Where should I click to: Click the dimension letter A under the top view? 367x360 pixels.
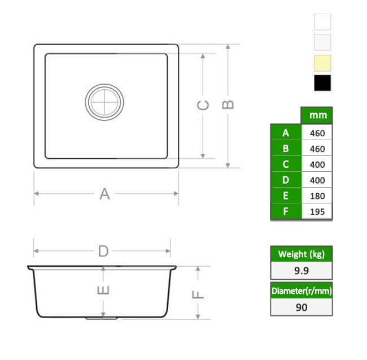[104, 194]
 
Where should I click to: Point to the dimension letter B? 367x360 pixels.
[228, 105]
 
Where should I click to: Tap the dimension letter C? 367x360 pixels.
[203, 105]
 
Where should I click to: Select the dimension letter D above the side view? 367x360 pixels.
[103, 251]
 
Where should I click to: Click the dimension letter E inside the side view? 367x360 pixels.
[103, 290]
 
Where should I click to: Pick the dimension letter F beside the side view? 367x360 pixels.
[198, 294]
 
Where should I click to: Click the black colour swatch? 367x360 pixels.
[322, 83]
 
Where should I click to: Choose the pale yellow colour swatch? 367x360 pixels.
[322, 63]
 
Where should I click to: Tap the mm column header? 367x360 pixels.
[318, 115]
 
